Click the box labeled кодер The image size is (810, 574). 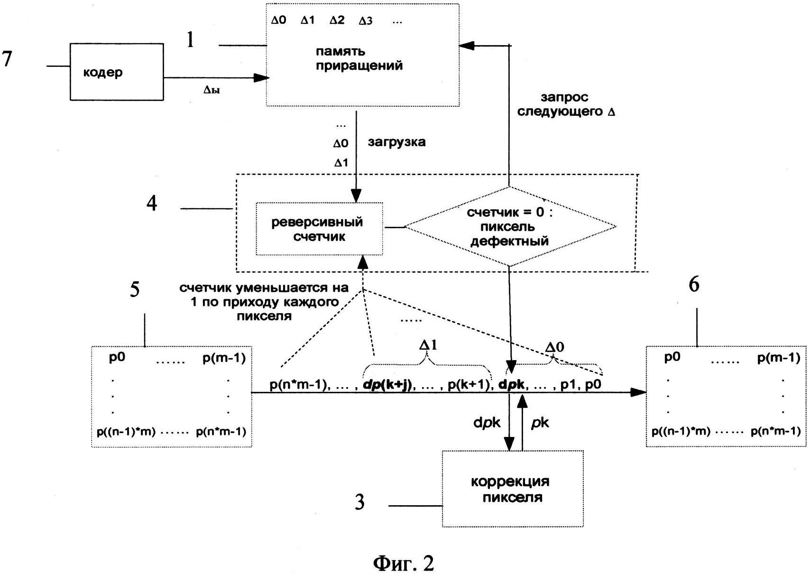click(x=117, y=72)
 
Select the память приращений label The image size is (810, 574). click(x=359, y=58)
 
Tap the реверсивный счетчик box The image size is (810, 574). click(x=319, y=229)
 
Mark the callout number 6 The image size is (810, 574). click(x=694, y=284)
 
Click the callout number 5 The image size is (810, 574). click(x=135, y=289)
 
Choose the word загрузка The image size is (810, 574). click(x=397, y=142)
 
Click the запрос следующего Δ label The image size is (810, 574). click(x=565, y=105)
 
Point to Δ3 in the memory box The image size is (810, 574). click(x=365, y=21)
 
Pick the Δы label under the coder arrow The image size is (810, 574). click(x=212, y=90)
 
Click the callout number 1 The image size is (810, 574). click(x=191, y=40)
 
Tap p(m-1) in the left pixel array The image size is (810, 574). click(x=224, y=358)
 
